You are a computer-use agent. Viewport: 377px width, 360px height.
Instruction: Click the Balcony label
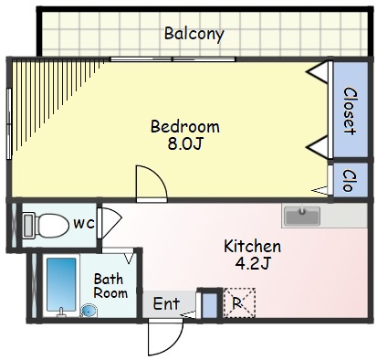194,34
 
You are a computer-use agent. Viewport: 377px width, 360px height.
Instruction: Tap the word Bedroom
185,126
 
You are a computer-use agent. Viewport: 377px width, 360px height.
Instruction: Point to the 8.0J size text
185,143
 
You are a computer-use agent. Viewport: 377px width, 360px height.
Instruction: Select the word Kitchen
252,246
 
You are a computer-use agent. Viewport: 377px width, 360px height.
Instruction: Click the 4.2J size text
253,263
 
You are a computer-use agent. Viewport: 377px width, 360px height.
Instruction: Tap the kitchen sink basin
302,216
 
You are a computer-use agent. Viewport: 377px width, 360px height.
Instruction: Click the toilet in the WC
47,226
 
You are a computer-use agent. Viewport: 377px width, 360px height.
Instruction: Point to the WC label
84,225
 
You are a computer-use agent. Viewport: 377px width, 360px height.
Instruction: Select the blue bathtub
61,285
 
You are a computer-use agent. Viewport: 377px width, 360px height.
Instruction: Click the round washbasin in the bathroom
89,311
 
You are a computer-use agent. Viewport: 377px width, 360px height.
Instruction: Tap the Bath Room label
110,286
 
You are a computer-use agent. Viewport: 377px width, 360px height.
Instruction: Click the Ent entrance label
166,303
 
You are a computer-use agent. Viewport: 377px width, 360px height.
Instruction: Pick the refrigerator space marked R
239,303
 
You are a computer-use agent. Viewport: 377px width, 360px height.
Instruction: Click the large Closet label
350,111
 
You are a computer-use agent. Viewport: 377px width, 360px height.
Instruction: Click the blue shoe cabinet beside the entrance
210,305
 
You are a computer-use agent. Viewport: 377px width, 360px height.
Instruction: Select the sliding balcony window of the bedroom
173,59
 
